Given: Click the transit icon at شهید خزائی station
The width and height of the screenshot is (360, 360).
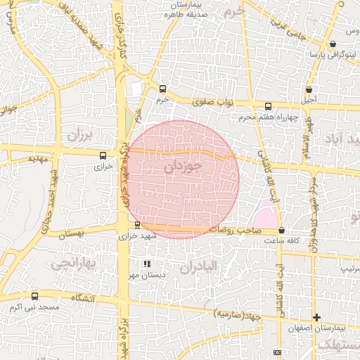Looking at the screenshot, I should tap(137, 225).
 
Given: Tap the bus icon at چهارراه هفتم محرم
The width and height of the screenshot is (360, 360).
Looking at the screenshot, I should tap(267, 107).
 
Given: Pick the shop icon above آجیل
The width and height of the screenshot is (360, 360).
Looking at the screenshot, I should tap(309, 89).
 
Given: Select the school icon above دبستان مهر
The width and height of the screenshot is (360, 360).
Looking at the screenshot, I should tap(146, 264).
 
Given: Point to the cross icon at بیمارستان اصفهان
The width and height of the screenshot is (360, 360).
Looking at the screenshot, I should tap(316, 318).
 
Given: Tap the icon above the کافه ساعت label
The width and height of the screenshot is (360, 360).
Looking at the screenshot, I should tap(281, 231).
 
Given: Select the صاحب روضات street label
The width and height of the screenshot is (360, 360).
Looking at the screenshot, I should tap(231, 230).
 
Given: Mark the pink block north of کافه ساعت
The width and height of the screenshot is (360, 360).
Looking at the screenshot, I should tap(265, 217).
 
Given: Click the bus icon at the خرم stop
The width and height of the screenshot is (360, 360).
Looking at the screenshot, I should tap(163, 89).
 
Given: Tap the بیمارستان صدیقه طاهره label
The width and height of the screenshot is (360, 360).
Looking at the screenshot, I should tap(184, 9).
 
